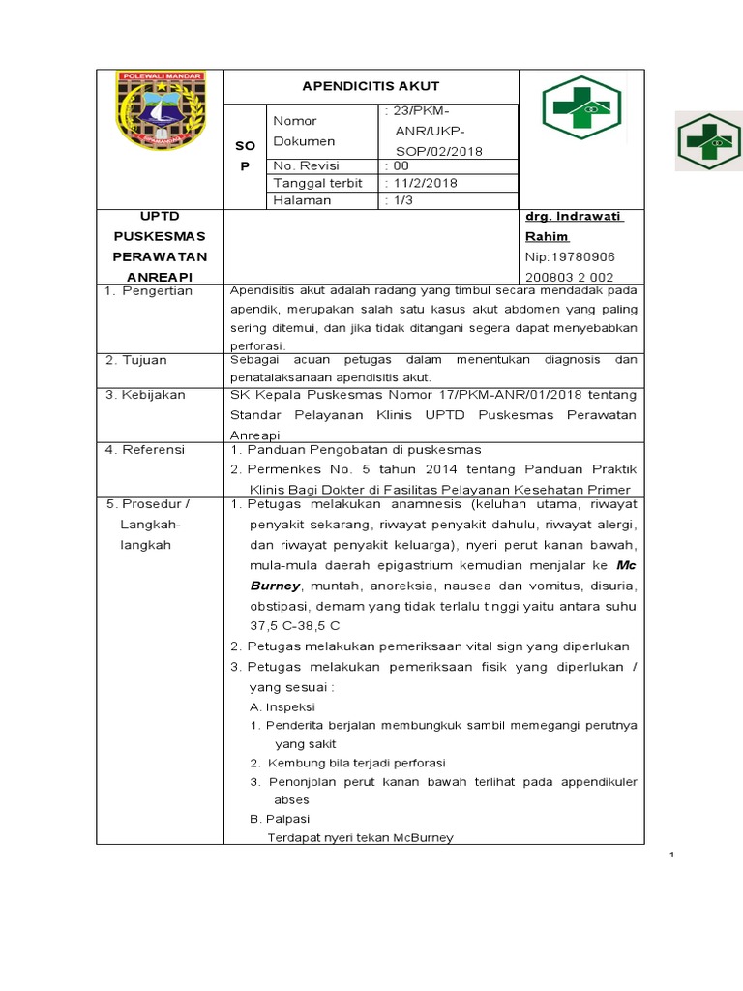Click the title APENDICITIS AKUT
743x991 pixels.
[371, 86]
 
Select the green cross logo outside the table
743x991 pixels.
[707, 143]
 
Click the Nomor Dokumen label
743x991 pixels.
[304, 131]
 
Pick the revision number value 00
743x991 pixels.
[396, 165]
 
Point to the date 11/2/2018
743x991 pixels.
[421, 183]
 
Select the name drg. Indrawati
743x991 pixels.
[574, 217]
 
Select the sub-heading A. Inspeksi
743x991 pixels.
[282, 706]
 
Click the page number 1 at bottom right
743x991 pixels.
[671, 856]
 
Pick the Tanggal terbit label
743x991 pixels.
[317, 183]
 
